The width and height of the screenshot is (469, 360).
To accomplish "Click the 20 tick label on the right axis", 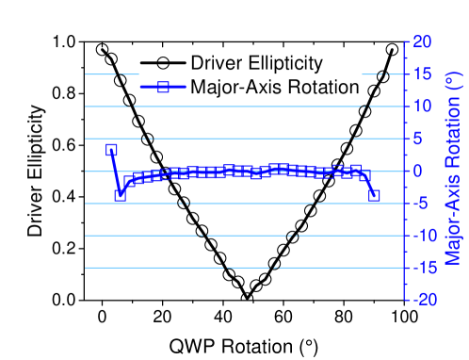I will click(422, 41).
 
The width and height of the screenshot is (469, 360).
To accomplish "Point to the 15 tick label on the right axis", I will click(422, 74).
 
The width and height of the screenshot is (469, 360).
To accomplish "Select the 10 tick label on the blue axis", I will click(422, 106).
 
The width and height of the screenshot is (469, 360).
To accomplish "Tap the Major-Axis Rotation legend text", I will click(274, 87).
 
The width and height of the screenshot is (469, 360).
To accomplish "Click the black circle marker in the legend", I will click(163, 63).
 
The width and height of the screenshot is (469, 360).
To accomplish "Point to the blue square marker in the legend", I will click(163, 87).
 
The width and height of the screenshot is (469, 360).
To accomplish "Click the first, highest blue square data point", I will click(111, 150).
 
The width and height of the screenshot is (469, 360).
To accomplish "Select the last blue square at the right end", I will click(374, 195).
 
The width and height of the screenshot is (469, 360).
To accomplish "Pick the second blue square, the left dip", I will click(120, 195).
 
